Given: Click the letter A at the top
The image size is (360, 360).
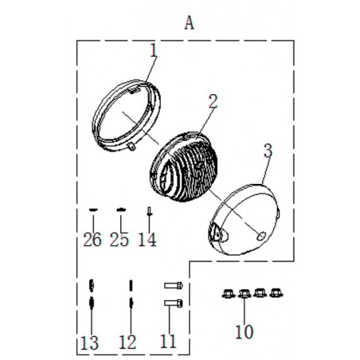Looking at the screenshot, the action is coord(190,23).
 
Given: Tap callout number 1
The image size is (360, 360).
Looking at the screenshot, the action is coord(154,50).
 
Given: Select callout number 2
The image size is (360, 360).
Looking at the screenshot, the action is coord(213,101).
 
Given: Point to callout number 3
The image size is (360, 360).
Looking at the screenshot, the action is coord(268,151).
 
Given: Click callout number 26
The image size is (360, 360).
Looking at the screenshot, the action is coord(92,240).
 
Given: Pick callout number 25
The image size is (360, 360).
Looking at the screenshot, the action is coord(119,240).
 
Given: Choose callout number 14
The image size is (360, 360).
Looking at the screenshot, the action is coord(147,240).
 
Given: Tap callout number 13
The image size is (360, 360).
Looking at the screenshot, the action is coord(90,342).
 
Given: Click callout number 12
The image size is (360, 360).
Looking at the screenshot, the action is coord(128,342).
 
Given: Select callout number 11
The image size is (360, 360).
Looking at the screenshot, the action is coord(168,341).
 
